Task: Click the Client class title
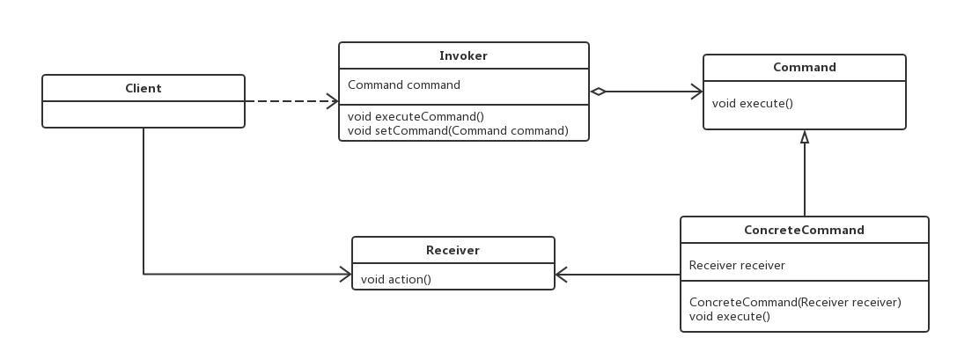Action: click(143, 88)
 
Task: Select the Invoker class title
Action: click(463, 55)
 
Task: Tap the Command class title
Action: click(804, 67)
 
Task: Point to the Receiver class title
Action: click(453, 250)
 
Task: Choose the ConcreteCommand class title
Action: click(804, 230)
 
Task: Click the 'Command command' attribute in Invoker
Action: click(404, 85)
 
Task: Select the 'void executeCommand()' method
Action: click(416, 116)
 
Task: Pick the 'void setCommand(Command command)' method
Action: click(458, 130)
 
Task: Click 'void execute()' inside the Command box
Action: click(752, 103)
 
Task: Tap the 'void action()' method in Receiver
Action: click(395, 280)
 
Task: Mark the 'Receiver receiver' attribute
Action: click(737, 265)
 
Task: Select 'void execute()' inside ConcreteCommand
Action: click(729, 316)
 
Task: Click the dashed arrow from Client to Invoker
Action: click(291, 101)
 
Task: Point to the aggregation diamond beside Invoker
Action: click(599, 92)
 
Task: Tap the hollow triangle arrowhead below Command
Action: click(804, 136)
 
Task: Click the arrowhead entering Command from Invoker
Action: click(696, 92)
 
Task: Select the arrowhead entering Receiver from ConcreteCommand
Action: click(562, 276)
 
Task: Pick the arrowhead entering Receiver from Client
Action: click(345, 275)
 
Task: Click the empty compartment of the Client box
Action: click(143, 114)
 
